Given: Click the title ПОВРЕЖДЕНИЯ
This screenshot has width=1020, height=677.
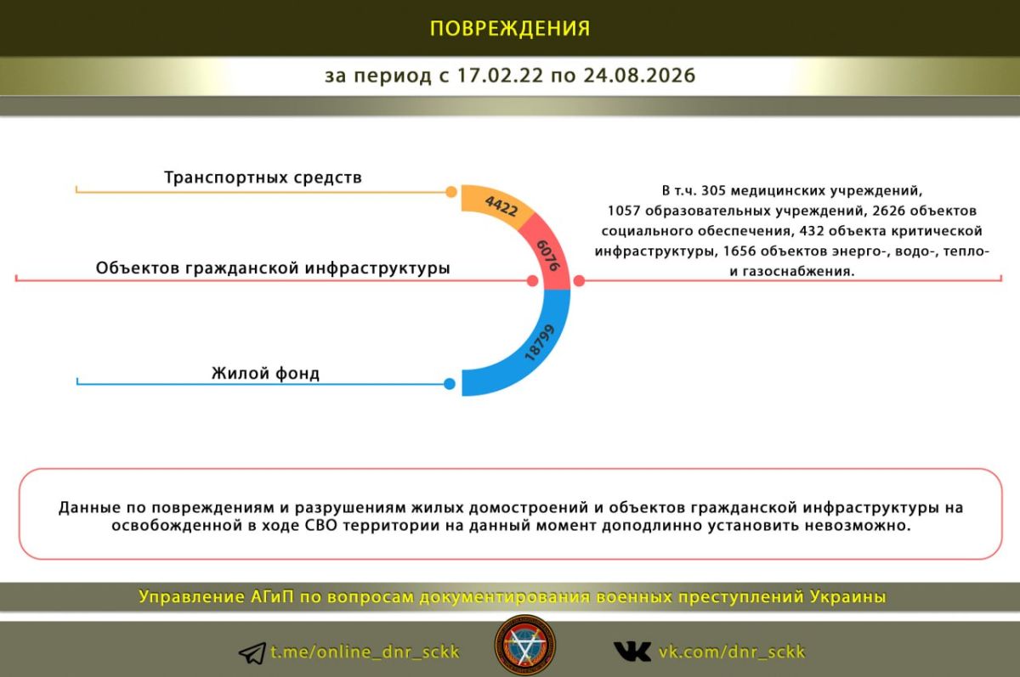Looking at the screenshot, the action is coord(510,28).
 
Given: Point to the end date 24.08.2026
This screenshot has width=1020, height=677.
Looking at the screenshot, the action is coord(639,76).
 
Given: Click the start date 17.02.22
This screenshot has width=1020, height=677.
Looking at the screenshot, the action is coord(500,76).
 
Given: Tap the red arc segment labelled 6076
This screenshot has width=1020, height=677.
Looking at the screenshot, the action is coord(550,254).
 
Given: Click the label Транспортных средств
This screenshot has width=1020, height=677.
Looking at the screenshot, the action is coord(263,178).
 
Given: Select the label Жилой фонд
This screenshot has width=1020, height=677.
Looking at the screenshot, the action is coord(265,374).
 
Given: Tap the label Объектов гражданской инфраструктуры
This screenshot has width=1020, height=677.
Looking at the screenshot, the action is coord(273,268).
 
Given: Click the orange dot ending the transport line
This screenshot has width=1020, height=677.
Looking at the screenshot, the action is coord(450,192).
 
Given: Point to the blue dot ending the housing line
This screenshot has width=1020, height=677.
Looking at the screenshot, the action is coord(450,384).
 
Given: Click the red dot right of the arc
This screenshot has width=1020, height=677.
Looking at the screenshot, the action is coord(579,280).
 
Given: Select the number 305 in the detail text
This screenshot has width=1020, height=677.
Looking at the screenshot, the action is coord(713,190).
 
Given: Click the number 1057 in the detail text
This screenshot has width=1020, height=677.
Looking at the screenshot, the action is coord(624,211).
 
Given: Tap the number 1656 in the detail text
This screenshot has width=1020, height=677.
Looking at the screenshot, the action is coord(739,251).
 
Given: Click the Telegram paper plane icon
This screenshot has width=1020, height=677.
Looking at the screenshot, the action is coord(252,653).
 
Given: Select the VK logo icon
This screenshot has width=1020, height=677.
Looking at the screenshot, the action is coord(632,652).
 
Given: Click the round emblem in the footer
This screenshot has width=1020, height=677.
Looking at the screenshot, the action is coord(525,646).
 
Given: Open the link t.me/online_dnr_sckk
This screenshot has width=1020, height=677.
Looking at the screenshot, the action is coord(365,652).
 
